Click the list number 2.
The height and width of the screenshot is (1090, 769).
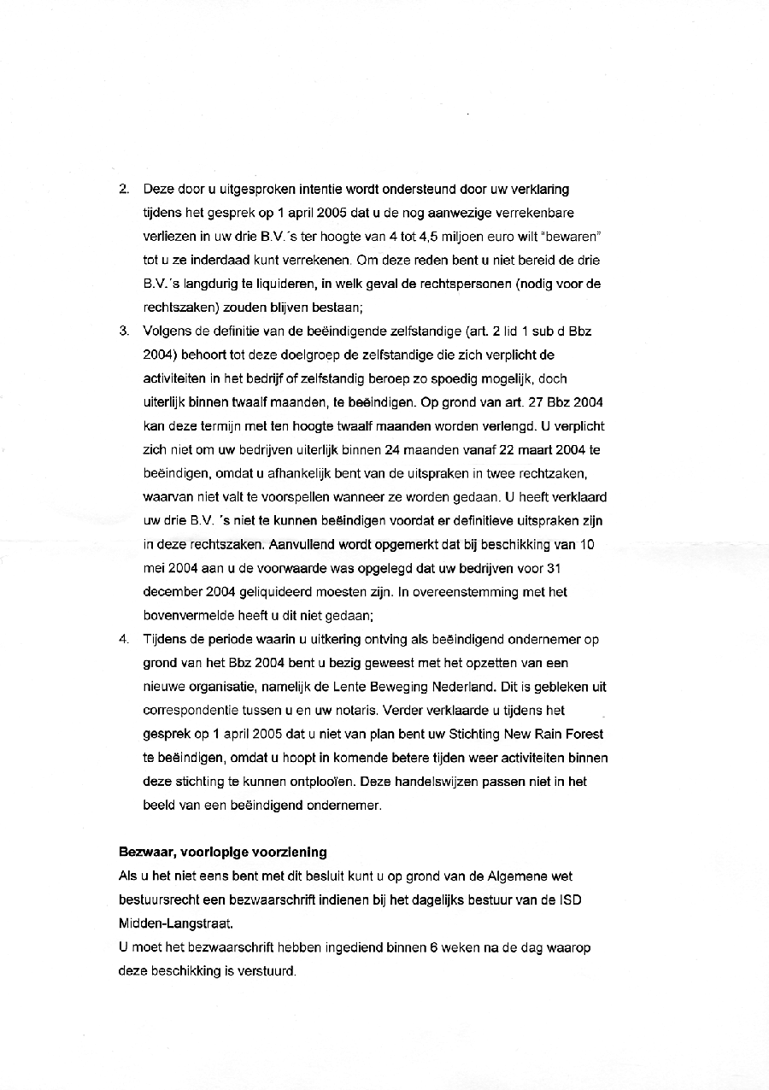coord(123,189)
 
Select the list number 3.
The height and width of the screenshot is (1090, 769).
coord(123,331)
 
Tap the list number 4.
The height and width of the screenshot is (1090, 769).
coord(123,639)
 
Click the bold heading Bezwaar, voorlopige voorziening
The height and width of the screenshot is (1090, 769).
coord(222,852)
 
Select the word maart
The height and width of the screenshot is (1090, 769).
coord(531,449)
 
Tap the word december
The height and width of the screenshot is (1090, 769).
coord(172,591)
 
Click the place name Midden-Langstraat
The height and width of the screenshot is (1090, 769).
coord(175,923)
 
